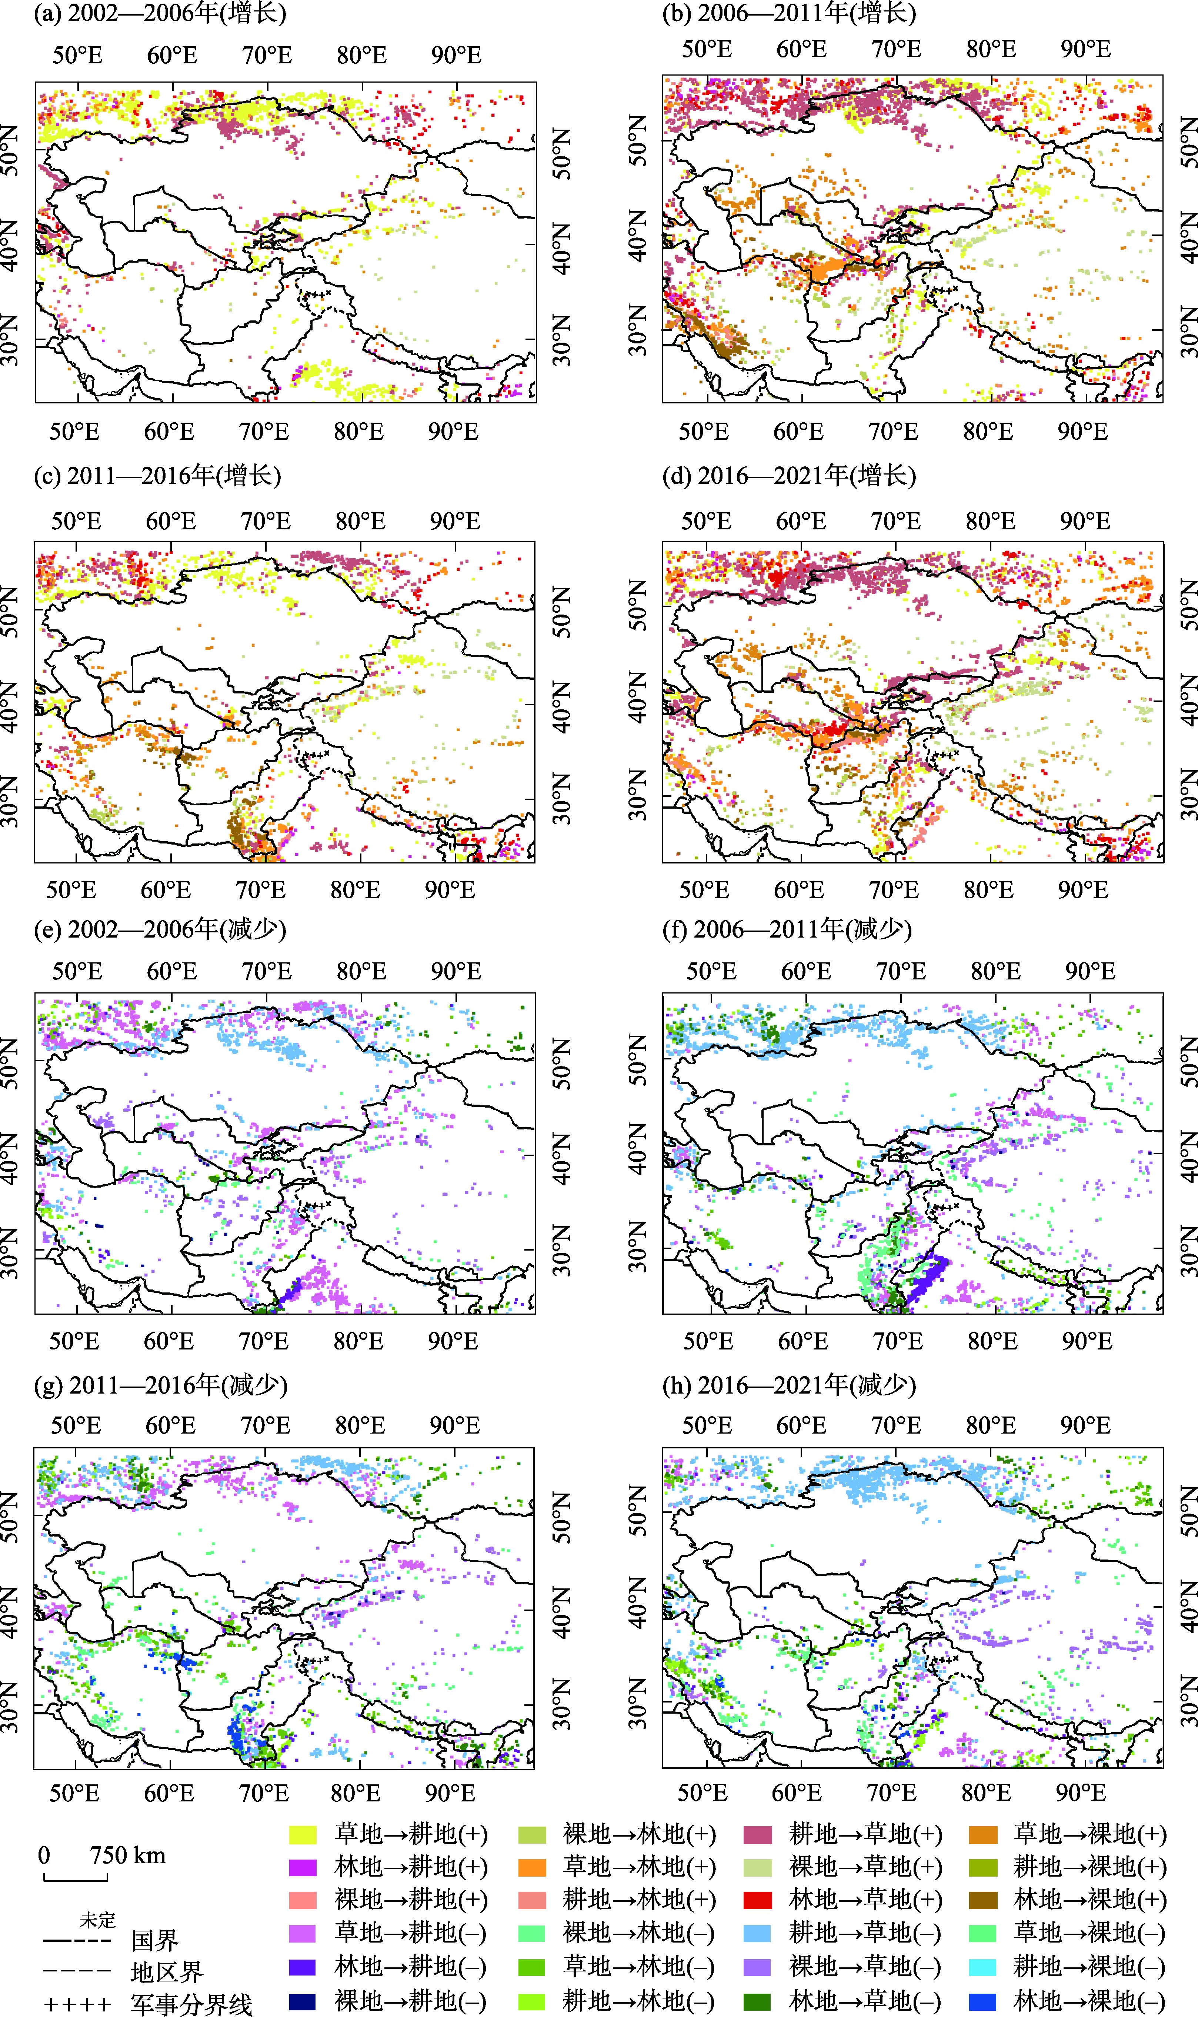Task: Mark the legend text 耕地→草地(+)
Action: point(865,1834)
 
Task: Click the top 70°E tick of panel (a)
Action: point(266,55)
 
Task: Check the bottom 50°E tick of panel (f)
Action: point(708,1340)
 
